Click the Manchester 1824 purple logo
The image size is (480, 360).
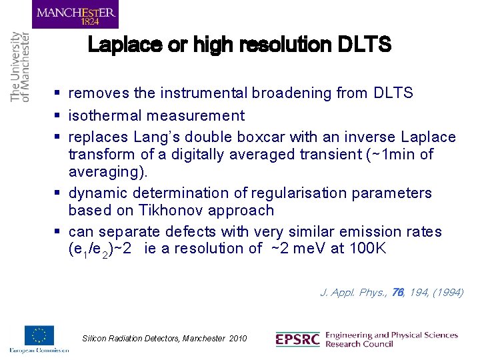[x=75, y=14]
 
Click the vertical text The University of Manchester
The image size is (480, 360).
[x=21, y=67]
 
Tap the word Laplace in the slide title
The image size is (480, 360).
[x=122, y=45]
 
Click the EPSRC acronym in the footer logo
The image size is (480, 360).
[x=298, y=339]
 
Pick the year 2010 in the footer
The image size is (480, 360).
[x=237, y=339]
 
